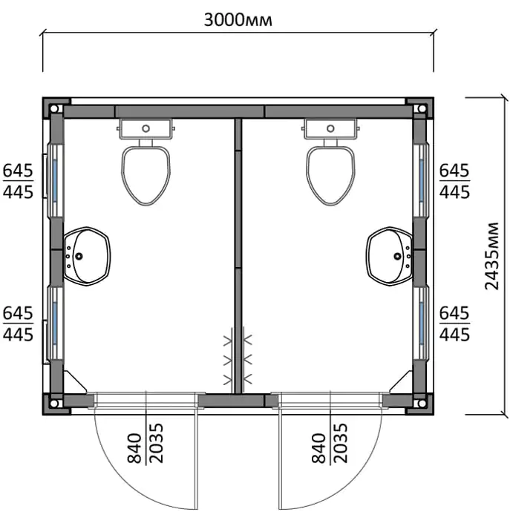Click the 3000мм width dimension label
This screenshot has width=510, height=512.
coord(238,20)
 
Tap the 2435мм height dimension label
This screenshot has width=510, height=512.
coord(491,256)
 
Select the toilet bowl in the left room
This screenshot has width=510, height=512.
coord(146,176)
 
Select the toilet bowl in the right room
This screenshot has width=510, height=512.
coord(330,176)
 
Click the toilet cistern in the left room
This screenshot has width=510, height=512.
coord(146,129)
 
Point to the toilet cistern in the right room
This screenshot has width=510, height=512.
coord(330,129)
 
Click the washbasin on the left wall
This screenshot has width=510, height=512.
coord(88,256)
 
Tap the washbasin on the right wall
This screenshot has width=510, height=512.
coord(389,256)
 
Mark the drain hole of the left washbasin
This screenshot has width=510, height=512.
coord(79,256)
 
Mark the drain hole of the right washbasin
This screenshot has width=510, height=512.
coord(398,256)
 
